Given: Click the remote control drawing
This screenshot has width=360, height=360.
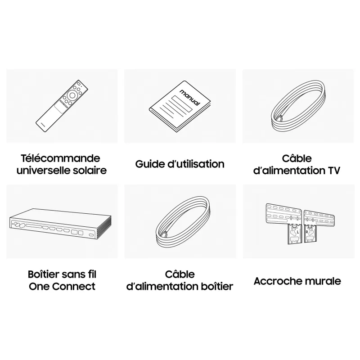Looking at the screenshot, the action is click(62, 106).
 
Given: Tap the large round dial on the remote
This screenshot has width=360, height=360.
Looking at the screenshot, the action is click(72, 95).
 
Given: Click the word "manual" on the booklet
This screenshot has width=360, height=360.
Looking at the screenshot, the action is click(190, 98).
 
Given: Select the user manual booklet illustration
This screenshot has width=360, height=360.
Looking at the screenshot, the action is click(180, 107).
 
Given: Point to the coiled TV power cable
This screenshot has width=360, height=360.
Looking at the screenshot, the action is click(298, 106).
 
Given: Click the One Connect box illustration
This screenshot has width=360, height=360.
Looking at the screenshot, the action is click(61, 224).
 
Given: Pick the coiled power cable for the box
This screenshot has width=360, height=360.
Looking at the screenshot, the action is click(183, 222).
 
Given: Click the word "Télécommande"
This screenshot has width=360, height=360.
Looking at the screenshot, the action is click(61, 158).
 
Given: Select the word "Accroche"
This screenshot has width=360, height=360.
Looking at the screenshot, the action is click(275, 281).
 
